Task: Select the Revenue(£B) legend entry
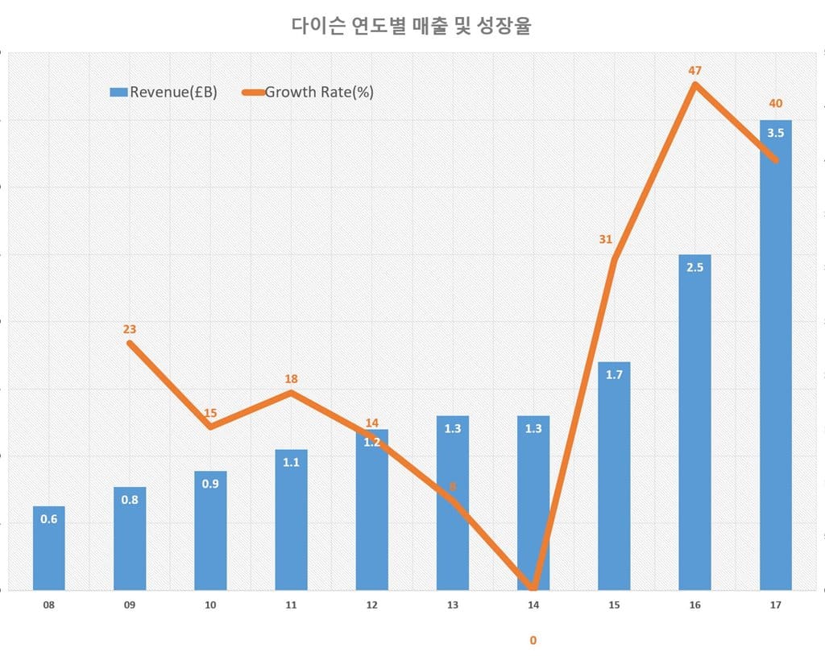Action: (164, 92)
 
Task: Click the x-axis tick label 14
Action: (533, 604)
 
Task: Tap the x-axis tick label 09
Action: (130, 604)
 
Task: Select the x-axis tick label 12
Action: (371, 604)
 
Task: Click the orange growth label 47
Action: (695, 71)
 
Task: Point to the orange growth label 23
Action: (130, 329)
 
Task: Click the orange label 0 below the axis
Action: (533, 641)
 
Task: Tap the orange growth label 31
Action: (606, 239)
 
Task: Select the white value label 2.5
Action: (694, 267)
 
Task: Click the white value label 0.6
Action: (49, 519)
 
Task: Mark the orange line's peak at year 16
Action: (694, 84)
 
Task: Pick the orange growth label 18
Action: (291, 379)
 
